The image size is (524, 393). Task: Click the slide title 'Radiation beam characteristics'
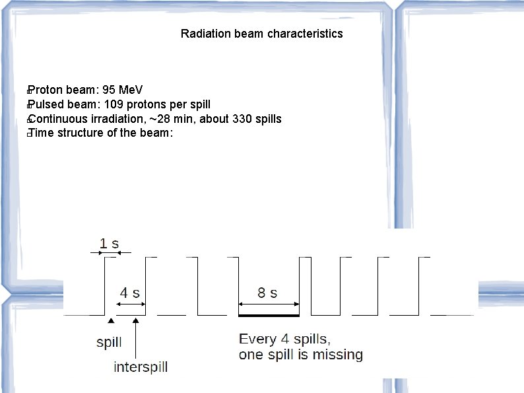[x=261, y=34]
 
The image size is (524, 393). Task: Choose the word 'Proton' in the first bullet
[x=45, y=90]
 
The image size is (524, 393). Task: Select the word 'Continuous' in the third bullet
[x=57, y=119]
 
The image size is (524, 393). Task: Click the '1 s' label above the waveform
[x=109, y=243]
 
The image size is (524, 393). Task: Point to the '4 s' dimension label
[x=129, y=293]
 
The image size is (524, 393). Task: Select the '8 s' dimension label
[x=267, y=293]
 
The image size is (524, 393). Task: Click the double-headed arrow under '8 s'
[x=268, y=304]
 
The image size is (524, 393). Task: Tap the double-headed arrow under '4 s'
[x=130, y=304]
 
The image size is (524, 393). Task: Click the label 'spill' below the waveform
[x=109, y=343]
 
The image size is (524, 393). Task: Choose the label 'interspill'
[x=141, y=367]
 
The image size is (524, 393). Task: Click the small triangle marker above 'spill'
[x=111, y=320]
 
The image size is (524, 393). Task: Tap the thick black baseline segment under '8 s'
[x=268, y=316]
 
